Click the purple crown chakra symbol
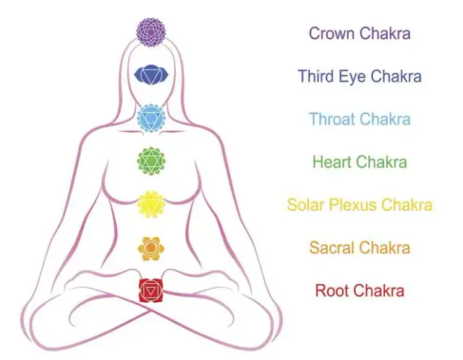151,33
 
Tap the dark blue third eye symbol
151,75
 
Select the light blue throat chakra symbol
151,118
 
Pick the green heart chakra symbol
151,160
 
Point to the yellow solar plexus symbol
151,204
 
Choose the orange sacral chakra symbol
151,247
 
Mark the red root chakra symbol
151,291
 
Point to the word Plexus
352,205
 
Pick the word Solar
306,205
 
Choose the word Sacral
332,247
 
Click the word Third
316,76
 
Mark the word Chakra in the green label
381,162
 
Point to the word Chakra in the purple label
385,33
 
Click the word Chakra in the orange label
385,247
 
